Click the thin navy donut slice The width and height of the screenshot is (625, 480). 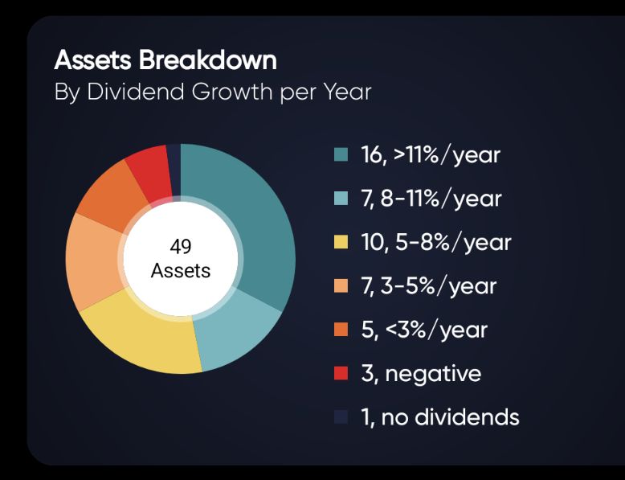(174, 170)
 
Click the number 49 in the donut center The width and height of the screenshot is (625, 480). (181, 246)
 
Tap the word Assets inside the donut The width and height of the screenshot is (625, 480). (181, 270)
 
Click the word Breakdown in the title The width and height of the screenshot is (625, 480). (208, 60)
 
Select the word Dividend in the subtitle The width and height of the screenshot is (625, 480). (136, 92)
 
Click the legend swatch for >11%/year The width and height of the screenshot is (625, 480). (341, 154)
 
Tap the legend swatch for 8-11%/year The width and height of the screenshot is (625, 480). (341, 199)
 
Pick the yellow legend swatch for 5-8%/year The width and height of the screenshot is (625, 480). (341, 242)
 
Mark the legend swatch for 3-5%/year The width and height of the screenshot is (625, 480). (341, 285)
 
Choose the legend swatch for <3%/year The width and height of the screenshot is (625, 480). (341, 330)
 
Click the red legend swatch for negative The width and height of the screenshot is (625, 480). (341, 373)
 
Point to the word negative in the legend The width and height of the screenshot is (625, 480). (433, 374)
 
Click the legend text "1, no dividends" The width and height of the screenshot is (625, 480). (440, 417)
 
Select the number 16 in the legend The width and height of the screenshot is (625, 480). (371, 155)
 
